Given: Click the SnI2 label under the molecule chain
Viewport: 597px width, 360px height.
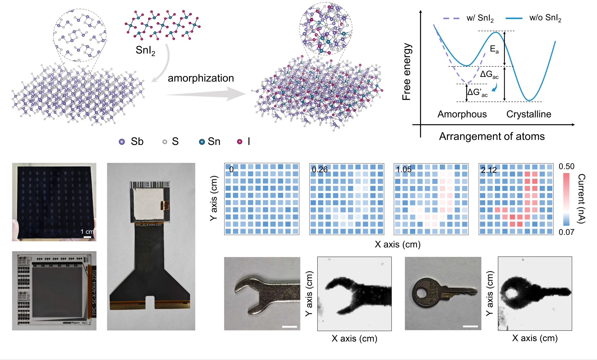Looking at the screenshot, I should point(145,51).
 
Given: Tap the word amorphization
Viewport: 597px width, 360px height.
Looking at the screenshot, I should point(201,78).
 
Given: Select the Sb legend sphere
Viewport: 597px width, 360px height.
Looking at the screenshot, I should point(122,142).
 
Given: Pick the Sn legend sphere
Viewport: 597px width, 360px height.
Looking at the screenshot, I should point(202,142).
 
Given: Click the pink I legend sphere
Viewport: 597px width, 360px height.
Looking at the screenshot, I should point(239,142).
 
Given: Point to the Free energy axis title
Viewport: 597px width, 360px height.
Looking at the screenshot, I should point(407,71).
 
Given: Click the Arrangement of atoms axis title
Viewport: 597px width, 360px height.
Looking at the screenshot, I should point(492,137).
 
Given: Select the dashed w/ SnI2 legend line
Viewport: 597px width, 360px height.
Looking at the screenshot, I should point(451,18).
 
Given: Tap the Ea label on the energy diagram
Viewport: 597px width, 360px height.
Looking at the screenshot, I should point(494,49).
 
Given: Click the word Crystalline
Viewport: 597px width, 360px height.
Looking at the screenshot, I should point(529,114).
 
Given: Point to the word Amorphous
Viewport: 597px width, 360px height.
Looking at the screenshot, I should point(462,114).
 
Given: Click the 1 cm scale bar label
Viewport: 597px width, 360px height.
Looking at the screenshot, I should point(87,232).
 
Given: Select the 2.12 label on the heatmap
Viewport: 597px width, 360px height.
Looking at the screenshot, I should point(489,170).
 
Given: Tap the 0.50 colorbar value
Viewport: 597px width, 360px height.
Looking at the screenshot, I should point(566,166).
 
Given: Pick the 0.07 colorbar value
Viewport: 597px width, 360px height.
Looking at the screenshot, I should point(566,232).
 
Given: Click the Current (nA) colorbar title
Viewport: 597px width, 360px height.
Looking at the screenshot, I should point(582,198).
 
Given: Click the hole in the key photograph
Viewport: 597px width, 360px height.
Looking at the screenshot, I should point(421,293).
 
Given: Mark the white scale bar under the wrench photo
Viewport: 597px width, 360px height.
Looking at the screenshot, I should point(289,327).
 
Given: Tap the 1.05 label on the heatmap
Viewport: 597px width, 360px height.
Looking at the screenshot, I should point(404,170).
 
